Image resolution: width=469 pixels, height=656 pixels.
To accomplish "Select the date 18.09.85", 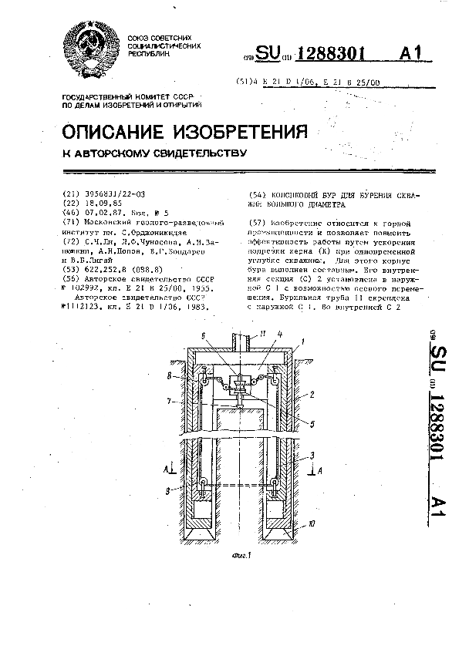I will pos(99,204).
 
